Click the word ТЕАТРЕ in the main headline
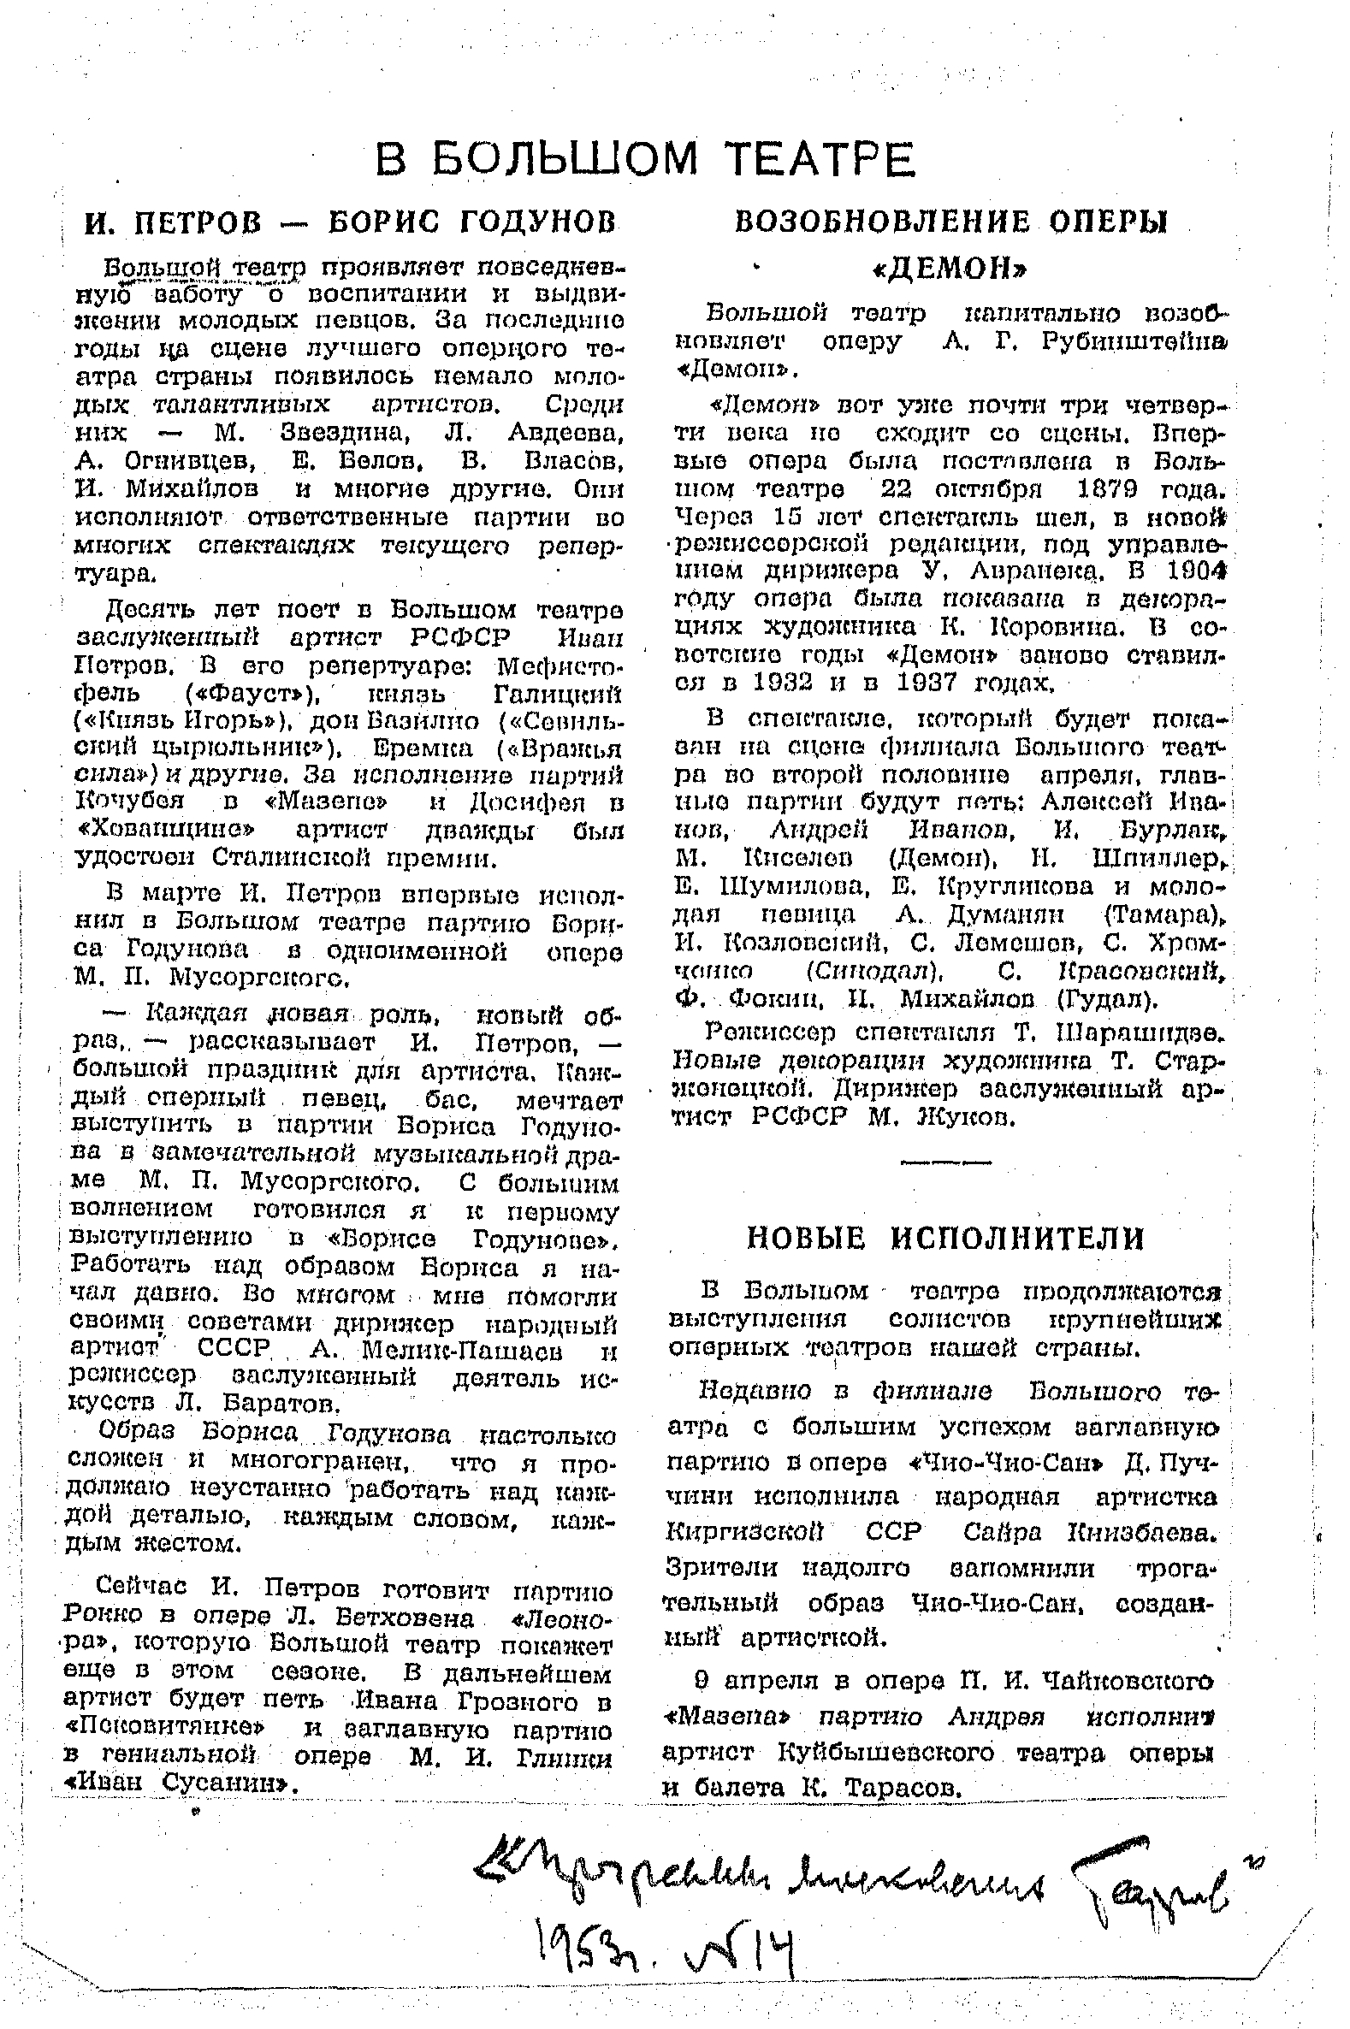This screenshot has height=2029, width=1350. (818, 159)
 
